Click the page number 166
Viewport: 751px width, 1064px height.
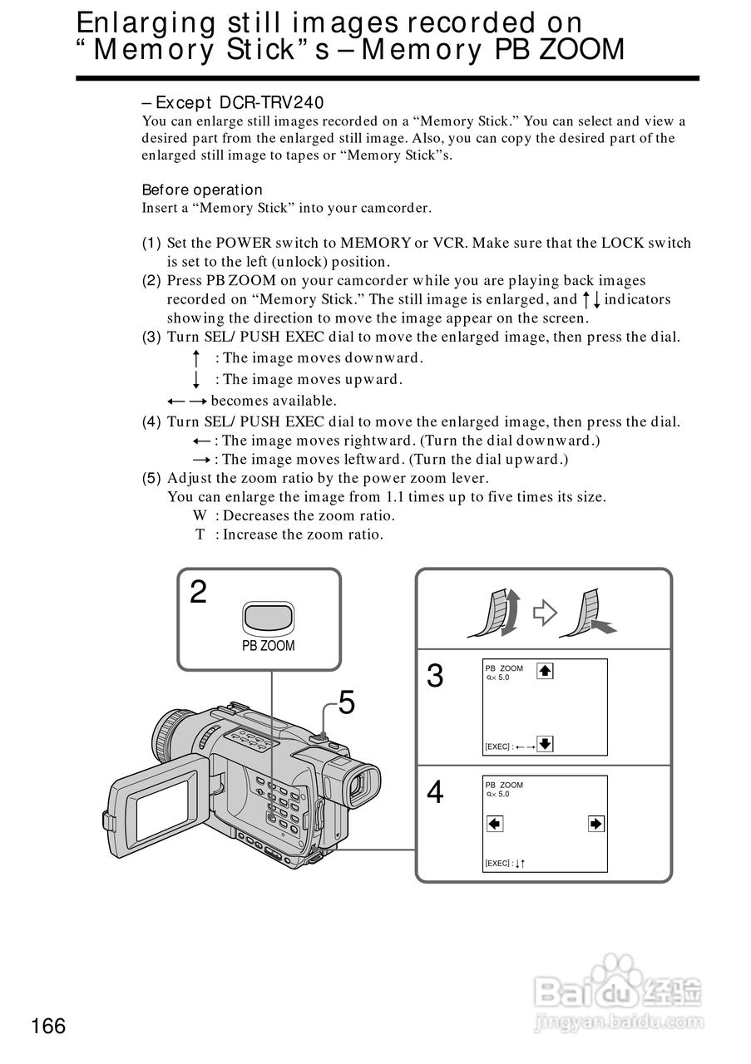click(x=48, y=1026)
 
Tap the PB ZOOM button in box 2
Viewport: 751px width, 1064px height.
click(x=268, y=618)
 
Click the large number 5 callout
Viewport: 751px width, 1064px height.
click(x=347, y=704)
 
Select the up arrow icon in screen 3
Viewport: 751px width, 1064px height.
click(x=545, y=670)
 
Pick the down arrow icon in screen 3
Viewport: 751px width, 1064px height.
click(x=545, y=743)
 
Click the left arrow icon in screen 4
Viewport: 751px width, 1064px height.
click(x=495, y=824)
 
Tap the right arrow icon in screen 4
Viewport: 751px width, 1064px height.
click(x=595, y=824)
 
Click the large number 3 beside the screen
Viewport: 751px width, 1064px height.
click(x=435, y=677)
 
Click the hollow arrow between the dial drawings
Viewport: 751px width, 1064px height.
click(x=544, y=613)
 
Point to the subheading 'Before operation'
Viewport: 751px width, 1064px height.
click(x=202, y=190)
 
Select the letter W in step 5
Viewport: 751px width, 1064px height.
click(x=200, y=515)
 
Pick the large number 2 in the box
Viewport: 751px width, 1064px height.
click(x=198, y=592)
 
